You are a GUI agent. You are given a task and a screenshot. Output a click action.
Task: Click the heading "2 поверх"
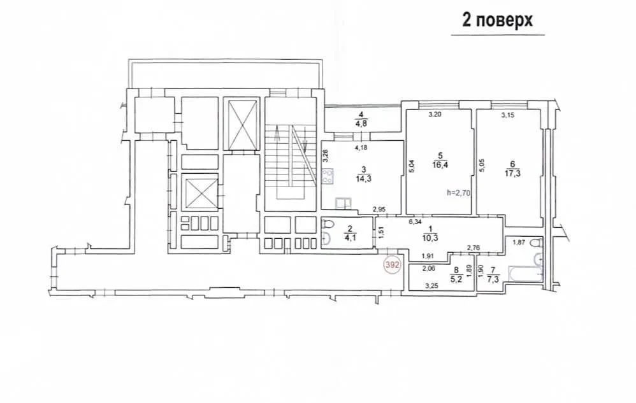(497, 20)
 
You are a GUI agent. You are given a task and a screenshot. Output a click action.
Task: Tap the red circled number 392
(392, 265)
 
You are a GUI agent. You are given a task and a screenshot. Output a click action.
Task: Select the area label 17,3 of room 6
(513, 173)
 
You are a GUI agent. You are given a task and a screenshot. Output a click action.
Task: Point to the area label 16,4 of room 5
(440, 164)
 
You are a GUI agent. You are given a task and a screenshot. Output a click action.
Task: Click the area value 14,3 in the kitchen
(363, 178)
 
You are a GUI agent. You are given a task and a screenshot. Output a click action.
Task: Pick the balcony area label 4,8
(361, 124)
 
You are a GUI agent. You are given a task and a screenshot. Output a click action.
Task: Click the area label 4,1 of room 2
(350, 237)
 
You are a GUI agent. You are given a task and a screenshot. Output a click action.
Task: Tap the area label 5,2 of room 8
(457, 279)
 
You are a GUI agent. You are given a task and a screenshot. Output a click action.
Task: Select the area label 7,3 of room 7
(493, 279)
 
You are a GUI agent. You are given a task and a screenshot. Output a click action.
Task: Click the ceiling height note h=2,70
(458, 193)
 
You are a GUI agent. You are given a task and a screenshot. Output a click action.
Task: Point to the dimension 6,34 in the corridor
(416, 222)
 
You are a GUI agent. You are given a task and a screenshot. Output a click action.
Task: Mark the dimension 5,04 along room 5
(411, 166)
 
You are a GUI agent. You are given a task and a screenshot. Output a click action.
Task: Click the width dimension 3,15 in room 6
(507, 115)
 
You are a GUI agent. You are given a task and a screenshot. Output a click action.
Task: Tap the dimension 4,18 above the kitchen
(361, 148)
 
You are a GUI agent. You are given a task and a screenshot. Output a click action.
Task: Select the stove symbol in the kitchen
(328, 176)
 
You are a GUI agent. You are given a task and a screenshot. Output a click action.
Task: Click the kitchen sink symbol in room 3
(343, 203)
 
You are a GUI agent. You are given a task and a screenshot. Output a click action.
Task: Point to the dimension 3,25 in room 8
(431, 286)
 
